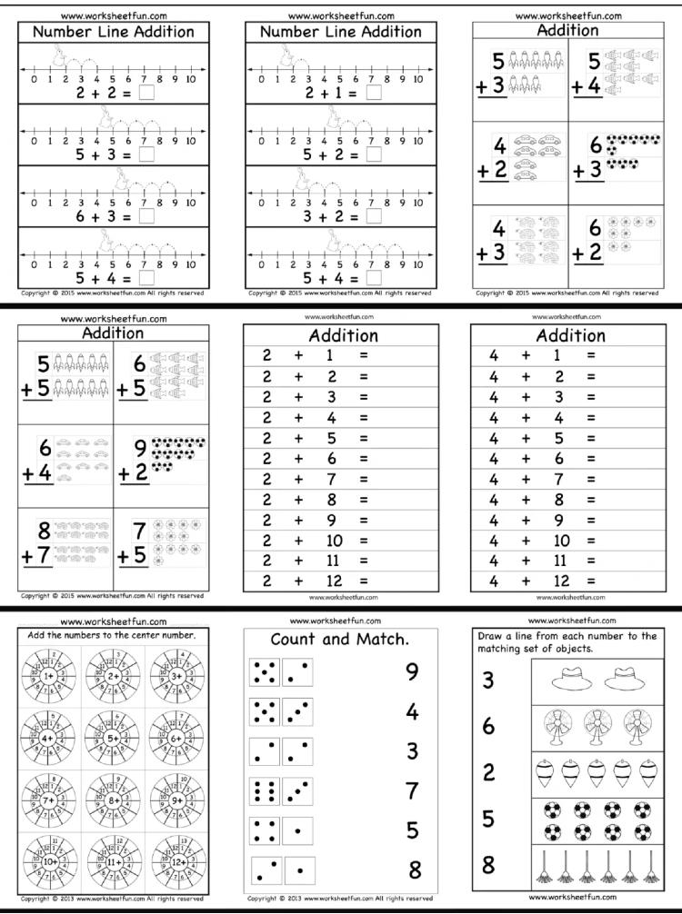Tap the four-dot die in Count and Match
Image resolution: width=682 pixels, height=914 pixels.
pyautogui.click(x=265, y=830)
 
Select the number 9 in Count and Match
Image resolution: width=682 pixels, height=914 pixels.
pyautogui.click(x=412, y=671)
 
